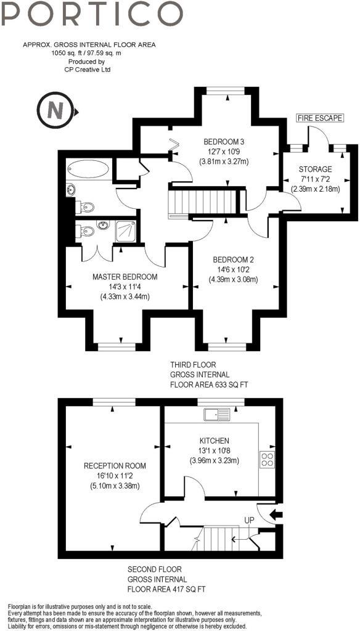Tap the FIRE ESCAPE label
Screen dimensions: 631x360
click(319, 117)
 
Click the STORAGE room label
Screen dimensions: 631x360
click(315, 169)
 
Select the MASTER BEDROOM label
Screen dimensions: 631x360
click(125, 276)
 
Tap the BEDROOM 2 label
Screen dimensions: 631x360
click(234, 259)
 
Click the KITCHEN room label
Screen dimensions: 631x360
click(214, 441)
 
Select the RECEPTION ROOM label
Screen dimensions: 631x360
click(115, 465)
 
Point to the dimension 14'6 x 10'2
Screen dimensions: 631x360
click(234, 269)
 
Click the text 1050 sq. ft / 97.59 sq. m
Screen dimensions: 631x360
click(88, 54)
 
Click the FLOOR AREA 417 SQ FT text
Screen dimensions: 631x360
click(166, 589)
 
